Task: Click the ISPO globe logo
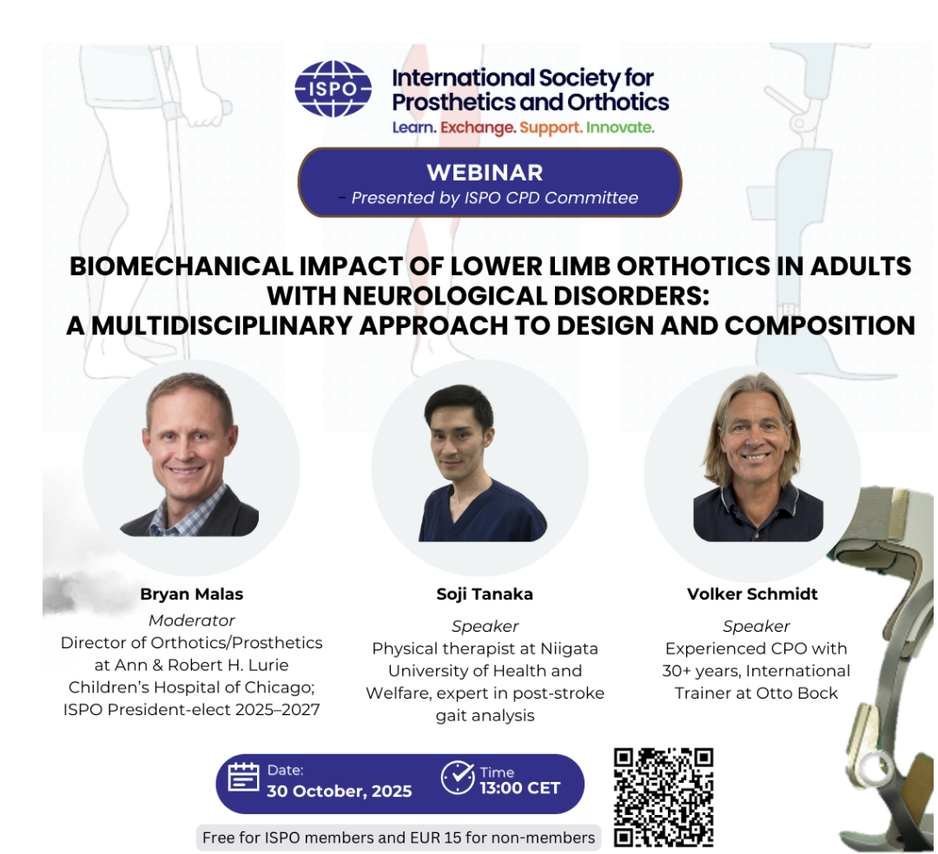click(333, 89)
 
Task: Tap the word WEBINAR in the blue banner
click(485, 173)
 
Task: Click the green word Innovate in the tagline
click(620, 128)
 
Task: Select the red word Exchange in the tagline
click(478, 128)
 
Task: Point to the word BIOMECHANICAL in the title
click(181, 266)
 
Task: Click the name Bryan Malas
click(191, 594)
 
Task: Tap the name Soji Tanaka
click(485, 594)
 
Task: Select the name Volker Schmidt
click(752, 594)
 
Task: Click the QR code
click(664, 797)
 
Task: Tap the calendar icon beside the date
click(243, 777)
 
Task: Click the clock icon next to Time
click(458, 777)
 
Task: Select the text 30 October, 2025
click(340, 792)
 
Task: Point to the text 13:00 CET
click(520, 788)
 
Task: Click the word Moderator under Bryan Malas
click(191, 621)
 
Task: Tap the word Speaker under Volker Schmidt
click(756, 627)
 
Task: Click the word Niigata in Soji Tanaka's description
click(569, 648)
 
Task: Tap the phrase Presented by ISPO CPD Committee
click(495, 198)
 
